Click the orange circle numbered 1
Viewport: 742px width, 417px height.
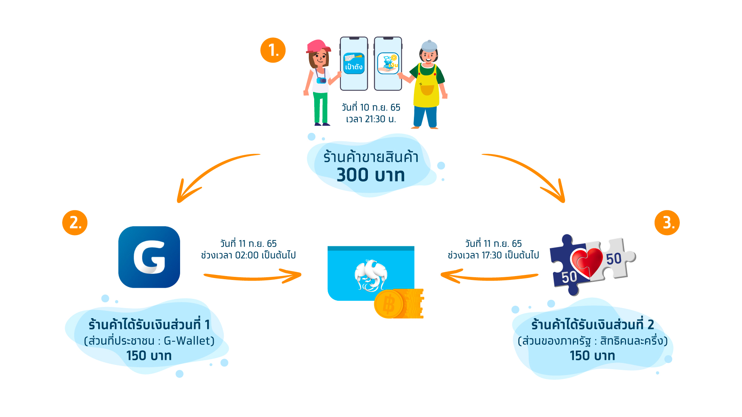tap(273, 50)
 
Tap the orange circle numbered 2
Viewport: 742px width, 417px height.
tap(75, 223)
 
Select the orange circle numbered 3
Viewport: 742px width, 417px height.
tap(667, 223)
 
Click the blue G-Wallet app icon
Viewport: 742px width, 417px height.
tap(149, 257)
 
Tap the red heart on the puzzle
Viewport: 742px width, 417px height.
tap(587, 263)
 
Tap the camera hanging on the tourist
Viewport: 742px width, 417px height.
tap(321, 80)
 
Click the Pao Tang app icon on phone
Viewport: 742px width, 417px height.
tap(354, 63)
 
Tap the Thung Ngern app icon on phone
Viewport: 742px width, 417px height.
tap(388, 63)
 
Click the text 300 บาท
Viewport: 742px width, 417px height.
tap(371, 175)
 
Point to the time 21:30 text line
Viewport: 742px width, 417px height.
tap(371, 119)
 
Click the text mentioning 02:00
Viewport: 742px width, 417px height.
tap(248, 255)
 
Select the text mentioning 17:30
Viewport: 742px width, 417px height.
tap(493, 255)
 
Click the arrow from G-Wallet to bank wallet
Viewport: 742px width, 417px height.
tap(253, 276)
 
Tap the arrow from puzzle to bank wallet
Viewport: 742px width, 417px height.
tap(489, 276)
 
